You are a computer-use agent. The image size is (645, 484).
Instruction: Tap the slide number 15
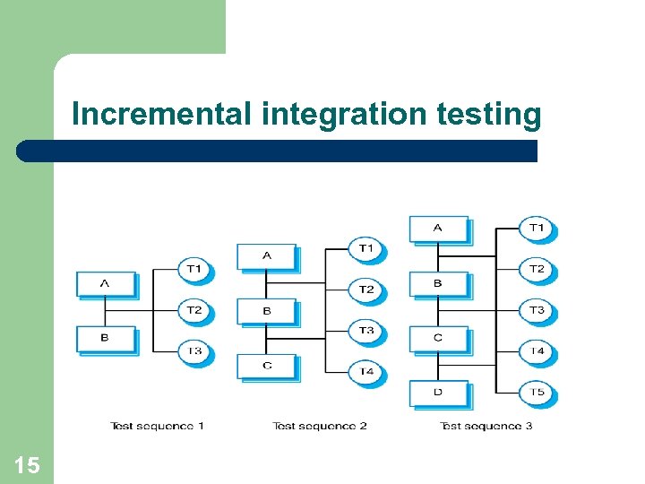[x=27, y=464]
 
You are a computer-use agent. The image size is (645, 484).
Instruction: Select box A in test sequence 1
[x=106, y=284]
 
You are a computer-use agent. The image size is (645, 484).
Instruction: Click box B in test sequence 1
[x=106, y=339]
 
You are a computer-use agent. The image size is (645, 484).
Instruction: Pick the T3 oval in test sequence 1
[x=194, y=351]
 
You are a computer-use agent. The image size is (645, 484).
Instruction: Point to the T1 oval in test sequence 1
[x=194, y=269]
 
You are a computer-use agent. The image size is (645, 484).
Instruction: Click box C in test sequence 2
[x=266, y=367]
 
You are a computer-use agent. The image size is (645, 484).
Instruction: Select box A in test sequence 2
[x=266, y=256]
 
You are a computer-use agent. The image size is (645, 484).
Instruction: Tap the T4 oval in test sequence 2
[x=366, y=371]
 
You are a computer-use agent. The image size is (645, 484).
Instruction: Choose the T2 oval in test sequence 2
[x=366, y=289]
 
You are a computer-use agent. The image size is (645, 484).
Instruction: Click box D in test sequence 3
[x=438, y=393]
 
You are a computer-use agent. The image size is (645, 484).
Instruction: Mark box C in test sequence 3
[x=438, y=339]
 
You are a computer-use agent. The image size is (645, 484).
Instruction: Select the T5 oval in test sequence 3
[x=537, y=393]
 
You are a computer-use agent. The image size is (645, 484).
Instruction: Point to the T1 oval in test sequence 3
[x=537, y=229]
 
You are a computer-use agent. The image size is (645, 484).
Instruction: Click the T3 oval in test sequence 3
[x=537, y=310]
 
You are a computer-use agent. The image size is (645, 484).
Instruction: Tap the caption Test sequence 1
[x=157, y=426]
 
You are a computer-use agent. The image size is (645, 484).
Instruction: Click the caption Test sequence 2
[x=320, y=426]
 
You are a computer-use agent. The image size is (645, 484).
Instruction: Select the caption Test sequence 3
[x=486, y=426]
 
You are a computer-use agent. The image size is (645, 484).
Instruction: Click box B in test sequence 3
[x=438, y=284]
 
